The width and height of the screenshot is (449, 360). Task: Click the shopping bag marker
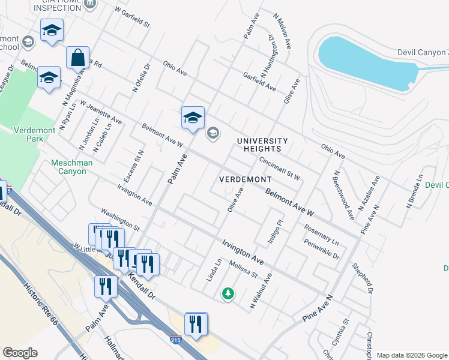click(78, 59)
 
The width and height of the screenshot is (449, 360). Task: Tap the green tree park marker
click(228, 293)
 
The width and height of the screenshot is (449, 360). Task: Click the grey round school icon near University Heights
click(212, 133)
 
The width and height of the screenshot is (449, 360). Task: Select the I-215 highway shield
click(175, 339)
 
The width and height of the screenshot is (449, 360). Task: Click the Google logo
click(20, 352)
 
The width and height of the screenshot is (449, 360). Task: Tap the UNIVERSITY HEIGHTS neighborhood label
click(262, 145)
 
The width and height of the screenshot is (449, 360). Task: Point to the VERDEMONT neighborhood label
click(246, 179)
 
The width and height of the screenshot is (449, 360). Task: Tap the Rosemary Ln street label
click(321, 235)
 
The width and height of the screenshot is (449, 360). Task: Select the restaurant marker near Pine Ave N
click(196, 324)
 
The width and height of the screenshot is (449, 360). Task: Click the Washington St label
click(120, 220)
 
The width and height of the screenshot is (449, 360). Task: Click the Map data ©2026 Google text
click(412, 355)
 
